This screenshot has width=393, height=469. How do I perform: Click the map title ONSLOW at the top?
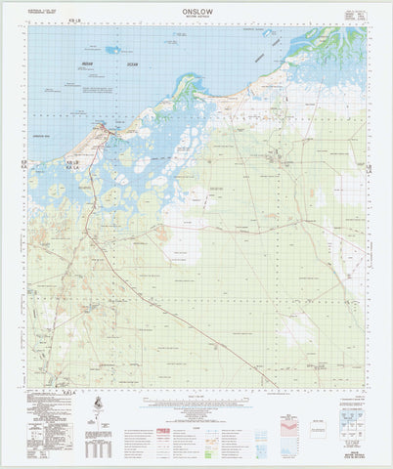click(x=196, y=11)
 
